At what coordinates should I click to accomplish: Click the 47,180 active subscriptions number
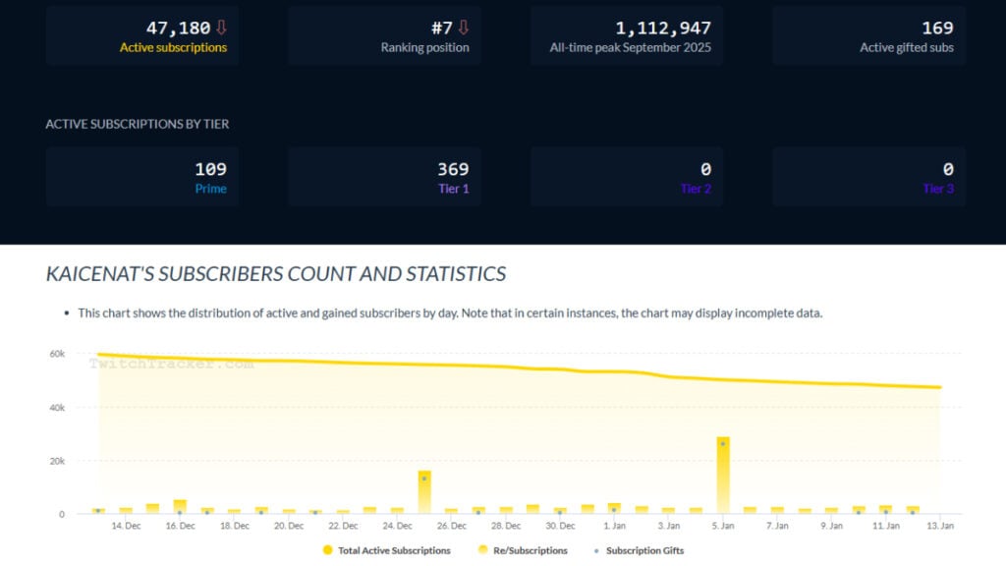click(x=178, y=28)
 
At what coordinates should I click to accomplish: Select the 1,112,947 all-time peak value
click(x=663, y=28)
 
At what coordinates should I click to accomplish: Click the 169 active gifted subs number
click(x=937, y=28)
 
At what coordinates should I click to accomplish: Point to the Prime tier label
click(x=210, y=189)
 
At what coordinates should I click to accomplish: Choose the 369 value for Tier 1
click(x=453, y=169)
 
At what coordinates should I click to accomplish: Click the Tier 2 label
click(x=696, y=189)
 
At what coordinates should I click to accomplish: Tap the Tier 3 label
click(x=938, y=189)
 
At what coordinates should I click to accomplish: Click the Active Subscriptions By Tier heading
click(x=138, y=124)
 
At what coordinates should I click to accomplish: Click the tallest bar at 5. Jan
click(x=723, y=476)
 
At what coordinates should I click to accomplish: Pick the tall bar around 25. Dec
click(x=424, y=491)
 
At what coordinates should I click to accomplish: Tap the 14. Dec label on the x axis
click(x=126, y=526)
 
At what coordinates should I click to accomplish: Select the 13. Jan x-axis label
click(x=940, y=526)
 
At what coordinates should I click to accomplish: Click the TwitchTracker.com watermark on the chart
click(x=171, y=364)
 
